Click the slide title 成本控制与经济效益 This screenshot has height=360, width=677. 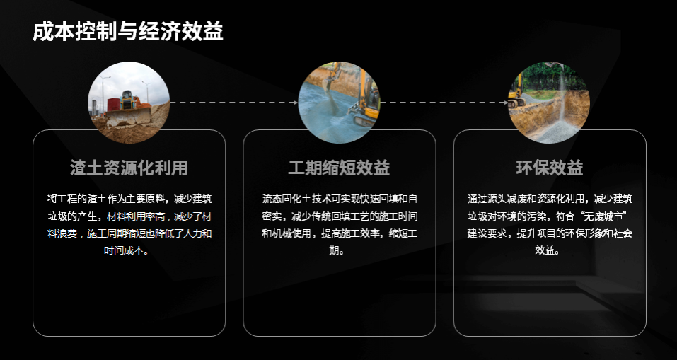point(128,32)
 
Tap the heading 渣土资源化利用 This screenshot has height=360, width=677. point(129,168)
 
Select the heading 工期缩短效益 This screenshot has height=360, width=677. point(339,168)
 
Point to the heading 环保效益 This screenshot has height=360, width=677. point(550,168)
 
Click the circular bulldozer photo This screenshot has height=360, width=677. point(129,103)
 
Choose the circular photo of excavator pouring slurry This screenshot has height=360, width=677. point(339,103)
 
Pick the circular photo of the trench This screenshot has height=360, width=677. point(549,103)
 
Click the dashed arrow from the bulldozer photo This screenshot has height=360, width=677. point(234,103)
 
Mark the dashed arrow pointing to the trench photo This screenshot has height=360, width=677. point(444,103)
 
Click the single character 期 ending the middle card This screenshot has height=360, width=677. point(334,250)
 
